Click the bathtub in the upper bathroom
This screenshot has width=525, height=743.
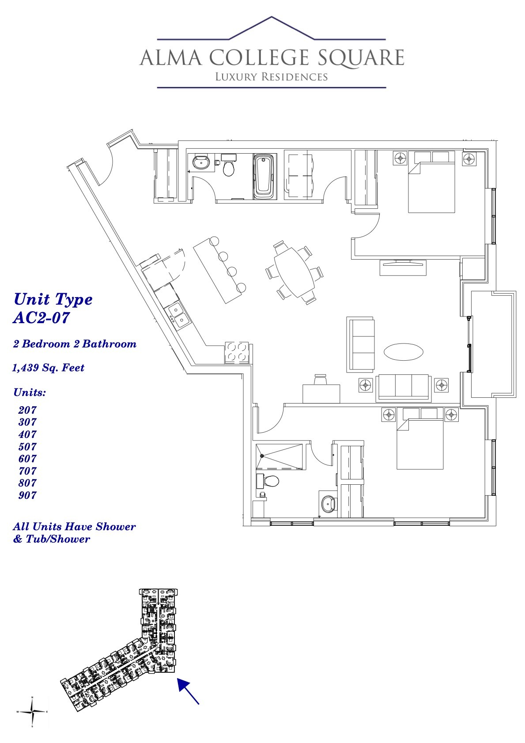(264, 176)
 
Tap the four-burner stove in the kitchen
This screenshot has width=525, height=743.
(237, 352)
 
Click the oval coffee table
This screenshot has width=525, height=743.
(403, 351)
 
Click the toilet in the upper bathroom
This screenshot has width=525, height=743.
(229, 165)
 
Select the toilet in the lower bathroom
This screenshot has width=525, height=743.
(269, 480)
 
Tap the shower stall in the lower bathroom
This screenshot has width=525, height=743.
(280, 456)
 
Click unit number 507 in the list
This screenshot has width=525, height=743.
(27, 446)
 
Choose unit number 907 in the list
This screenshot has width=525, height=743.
(27, 495)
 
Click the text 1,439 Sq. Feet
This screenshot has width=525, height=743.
(49, 368)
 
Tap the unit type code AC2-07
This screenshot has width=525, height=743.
(42, 318)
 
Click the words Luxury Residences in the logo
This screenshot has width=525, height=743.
(271, 77)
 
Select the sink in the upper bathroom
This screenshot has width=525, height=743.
(202, 162)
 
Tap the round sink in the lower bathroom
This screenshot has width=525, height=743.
(329, 503)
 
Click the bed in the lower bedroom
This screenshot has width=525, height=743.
(420, 445)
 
